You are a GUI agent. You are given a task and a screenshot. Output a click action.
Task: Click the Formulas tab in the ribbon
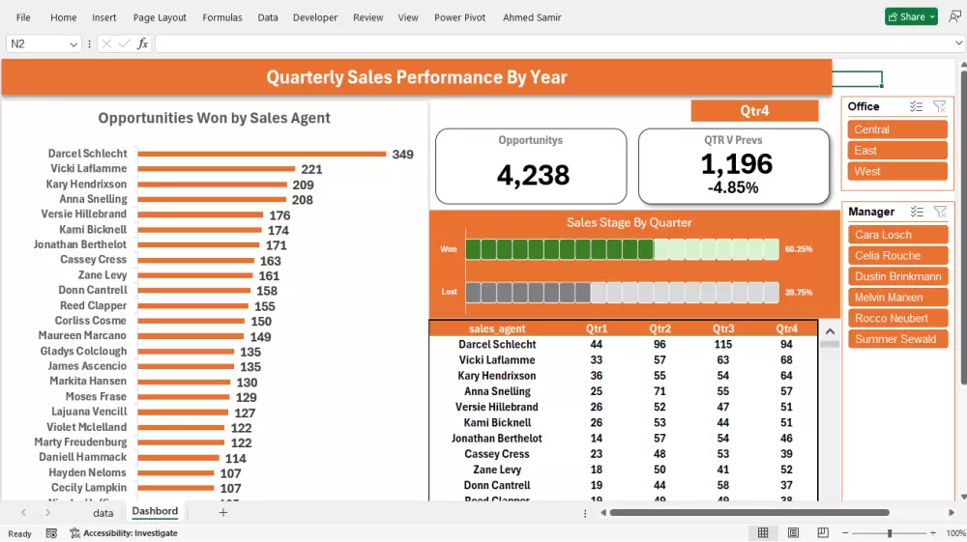221,17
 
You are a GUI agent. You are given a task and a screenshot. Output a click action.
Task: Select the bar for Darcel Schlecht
261,154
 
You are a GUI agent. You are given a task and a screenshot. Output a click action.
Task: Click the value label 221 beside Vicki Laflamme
311,169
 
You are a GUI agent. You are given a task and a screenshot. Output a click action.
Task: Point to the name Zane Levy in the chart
103,275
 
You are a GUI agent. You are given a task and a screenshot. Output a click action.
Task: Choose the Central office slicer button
897,129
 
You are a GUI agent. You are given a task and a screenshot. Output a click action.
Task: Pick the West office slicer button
897,171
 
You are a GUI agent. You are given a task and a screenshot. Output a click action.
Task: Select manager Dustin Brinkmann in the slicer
897,276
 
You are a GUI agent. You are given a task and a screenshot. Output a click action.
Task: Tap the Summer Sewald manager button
897,339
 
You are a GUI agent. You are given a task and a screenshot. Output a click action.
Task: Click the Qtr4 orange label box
754,110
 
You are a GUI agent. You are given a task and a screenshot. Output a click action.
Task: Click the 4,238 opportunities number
533,175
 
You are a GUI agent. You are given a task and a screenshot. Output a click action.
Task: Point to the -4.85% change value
732,187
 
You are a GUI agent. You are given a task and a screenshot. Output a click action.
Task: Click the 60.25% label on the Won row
798,249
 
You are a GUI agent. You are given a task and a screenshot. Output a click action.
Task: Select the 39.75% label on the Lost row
798,292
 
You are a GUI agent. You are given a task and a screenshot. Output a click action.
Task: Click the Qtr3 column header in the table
722,328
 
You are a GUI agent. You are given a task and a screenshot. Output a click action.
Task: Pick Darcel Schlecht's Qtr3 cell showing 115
722,345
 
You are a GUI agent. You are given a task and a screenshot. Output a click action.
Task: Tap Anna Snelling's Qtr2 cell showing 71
659,391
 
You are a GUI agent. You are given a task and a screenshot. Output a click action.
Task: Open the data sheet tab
103,513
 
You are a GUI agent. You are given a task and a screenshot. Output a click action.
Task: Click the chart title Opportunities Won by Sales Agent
214,118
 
